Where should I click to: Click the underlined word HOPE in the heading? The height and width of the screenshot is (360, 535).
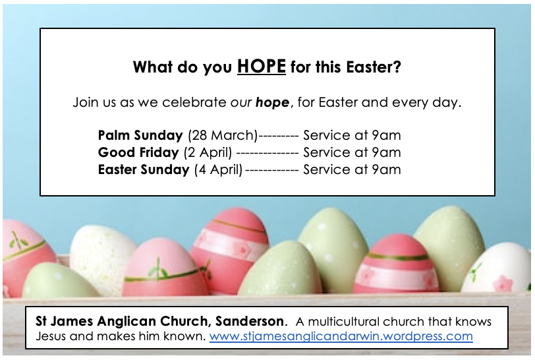(x=262, y=66)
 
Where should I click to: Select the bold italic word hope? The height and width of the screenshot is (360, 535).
(x=272, y=102)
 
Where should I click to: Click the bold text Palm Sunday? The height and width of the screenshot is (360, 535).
(x=140, y=135)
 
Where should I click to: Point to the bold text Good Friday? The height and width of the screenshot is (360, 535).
(x=138, y=152)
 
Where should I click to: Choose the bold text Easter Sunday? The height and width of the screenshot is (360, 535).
(x=144, y=169)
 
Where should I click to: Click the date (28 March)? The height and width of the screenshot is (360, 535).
(x=223, y=136)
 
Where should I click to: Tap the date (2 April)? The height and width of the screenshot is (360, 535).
(x=208, y=153)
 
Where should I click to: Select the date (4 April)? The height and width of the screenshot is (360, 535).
(x=218, y=169)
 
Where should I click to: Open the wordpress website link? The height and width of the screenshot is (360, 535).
(x=341, y=336)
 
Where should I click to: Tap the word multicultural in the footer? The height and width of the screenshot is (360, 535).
(x=343, y=321)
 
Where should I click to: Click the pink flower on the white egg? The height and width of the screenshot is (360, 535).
(x=503, y=283)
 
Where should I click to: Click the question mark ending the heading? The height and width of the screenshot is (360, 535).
(x=397, y=67)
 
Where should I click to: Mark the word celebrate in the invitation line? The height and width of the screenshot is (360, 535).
(x=194, y=102)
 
